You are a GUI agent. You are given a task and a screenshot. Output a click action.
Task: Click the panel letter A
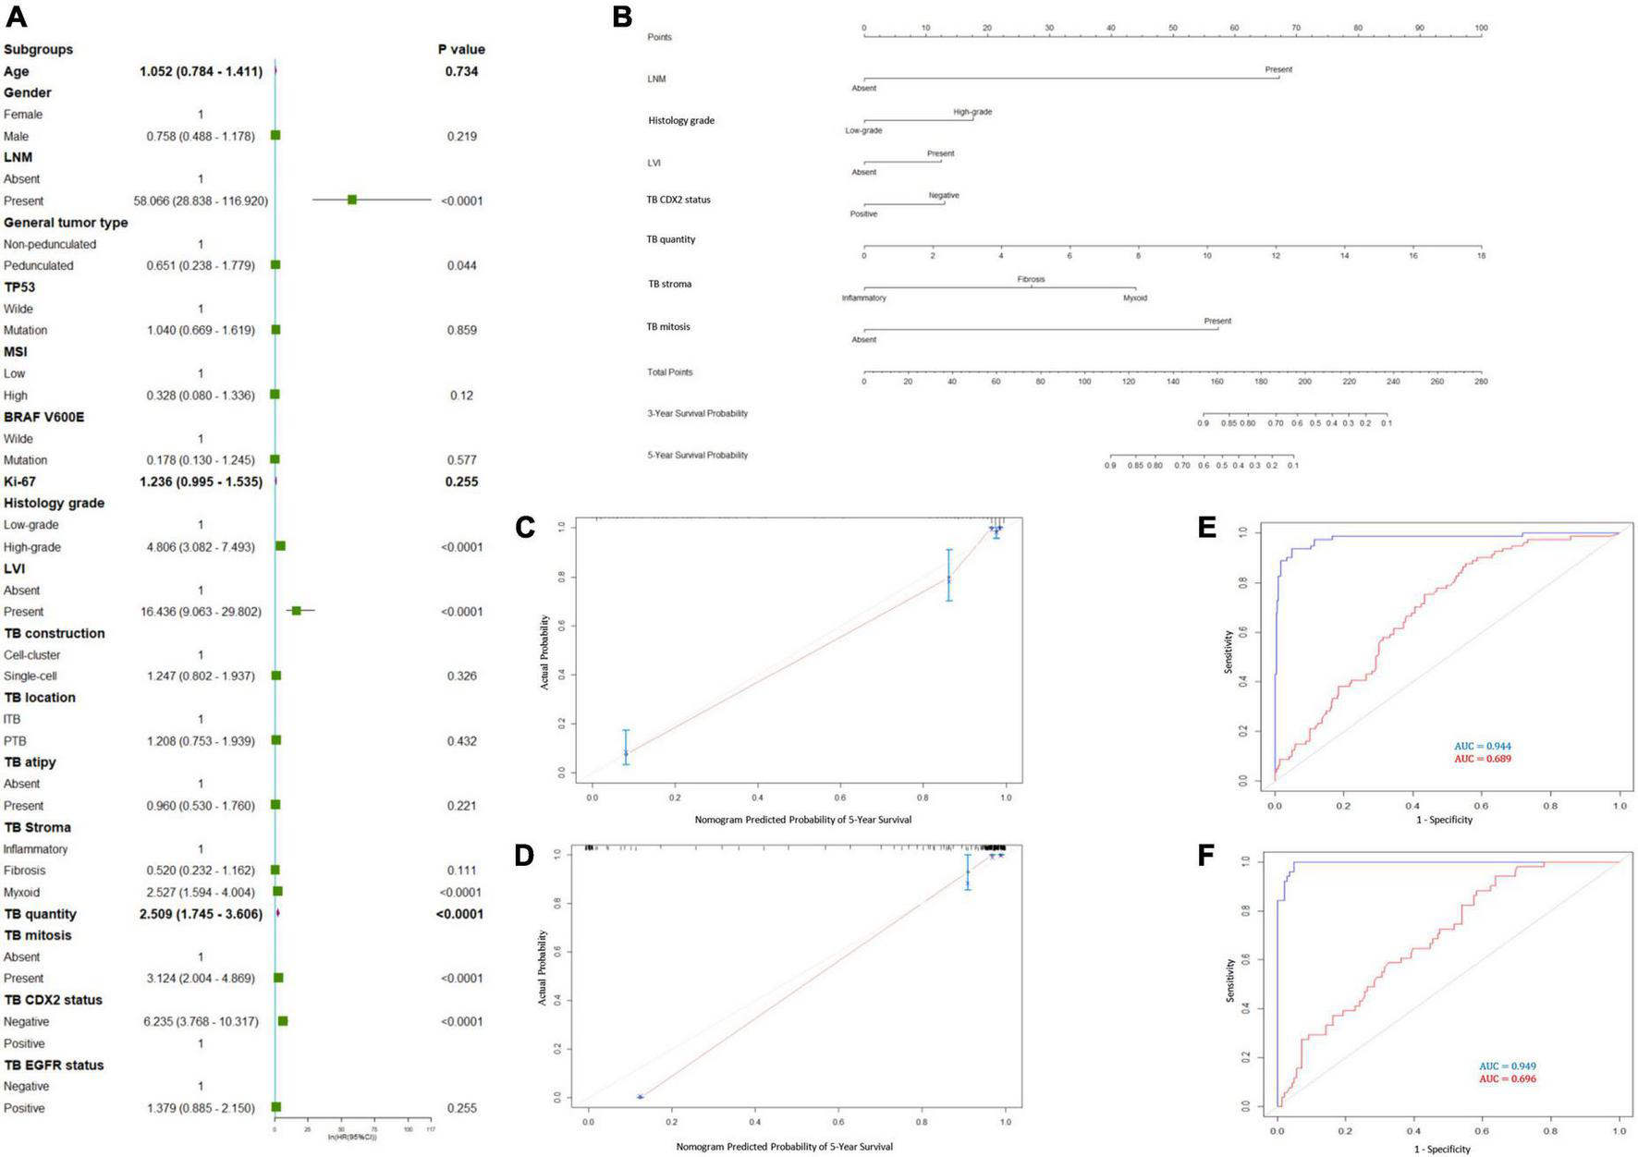pos(16,16)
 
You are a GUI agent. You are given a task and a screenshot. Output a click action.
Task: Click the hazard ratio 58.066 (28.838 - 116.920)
pos(201,201)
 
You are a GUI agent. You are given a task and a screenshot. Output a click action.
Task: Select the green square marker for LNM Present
pos(352,200)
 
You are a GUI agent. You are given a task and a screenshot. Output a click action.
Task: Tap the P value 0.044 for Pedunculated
pos(461,265)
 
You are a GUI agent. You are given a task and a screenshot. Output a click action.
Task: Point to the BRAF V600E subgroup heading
pos(43,417)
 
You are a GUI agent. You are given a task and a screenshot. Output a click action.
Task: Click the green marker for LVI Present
pos(296,611)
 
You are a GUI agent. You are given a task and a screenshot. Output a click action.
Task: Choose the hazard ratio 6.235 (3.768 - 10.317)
pos(201,1021)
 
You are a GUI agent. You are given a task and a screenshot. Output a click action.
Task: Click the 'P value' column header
pos(461,49)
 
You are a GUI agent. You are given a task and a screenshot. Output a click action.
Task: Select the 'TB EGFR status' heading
pos(54,1065)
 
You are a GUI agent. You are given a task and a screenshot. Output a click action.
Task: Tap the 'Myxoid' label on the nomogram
pos(1134,298)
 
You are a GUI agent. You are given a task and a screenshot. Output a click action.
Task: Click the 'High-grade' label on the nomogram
pos(972,112)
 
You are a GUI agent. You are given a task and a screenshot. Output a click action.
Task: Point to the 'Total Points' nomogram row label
pos(669,372)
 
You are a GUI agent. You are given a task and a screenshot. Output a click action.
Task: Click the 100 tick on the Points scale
pos(1481,29)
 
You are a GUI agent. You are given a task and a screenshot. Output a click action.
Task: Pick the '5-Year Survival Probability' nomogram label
pos(697,455)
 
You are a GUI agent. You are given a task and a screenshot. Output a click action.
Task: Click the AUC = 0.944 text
pos(1482,746)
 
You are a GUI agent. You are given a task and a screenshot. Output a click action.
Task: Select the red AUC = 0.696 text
pos(1507,1078)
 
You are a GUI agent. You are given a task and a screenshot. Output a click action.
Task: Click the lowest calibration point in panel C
pos(626,753)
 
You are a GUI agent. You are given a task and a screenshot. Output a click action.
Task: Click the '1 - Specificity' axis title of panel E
pos(1444,819)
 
